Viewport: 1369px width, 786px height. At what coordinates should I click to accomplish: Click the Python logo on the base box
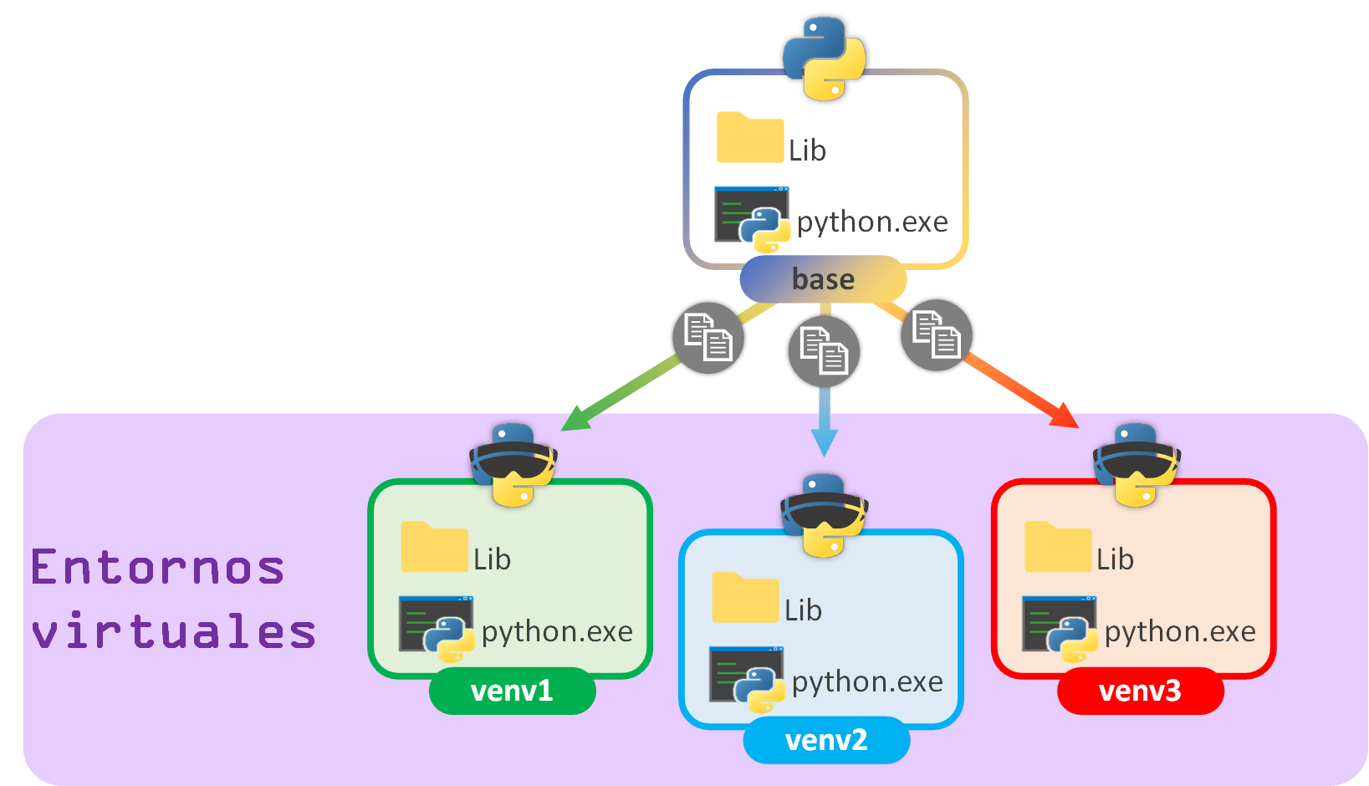pos(824,59)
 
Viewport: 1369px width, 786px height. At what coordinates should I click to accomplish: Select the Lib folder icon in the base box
pos(749,138)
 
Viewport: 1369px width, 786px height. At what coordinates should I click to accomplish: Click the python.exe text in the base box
pos(872,222)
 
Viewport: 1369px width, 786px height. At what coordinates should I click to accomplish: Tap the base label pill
pos(823,279)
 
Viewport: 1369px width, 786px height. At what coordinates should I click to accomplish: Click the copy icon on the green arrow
pos(708,338)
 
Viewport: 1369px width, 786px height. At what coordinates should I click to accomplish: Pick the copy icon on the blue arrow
pos(824,351)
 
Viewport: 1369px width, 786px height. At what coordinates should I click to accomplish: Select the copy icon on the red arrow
pos(936,335)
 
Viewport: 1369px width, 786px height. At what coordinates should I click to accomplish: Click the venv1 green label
pos(512,691)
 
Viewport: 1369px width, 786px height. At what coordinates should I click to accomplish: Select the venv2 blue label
pos(826,740)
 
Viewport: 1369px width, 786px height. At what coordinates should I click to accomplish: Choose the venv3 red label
pos(1140,691)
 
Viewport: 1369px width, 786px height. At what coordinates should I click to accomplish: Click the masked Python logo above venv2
pos(824,515)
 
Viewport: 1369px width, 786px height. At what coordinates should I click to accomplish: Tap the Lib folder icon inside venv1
pos(434,548)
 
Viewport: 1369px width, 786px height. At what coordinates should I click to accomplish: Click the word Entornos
pos(158,568)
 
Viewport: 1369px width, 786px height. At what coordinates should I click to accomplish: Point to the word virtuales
pos(174,631)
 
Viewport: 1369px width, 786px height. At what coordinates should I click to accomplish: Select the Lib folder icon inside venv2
pos(744,598)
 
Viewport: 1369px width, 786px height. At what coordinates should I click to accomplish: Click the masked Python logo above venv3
pos(1137,465)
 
